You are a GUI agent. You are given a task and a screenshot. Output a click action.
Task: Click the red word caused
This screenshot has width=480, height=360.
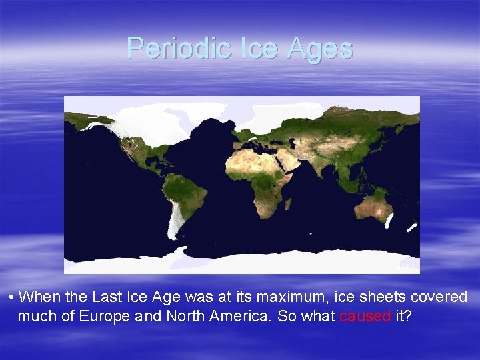365,316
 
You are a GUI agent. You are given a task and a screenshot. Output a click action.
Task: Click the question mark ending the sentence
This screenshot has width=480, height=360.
408,316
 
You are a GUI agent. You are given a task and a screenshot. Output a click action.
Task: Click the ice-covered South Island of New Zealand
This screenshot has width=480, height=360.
411,227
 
